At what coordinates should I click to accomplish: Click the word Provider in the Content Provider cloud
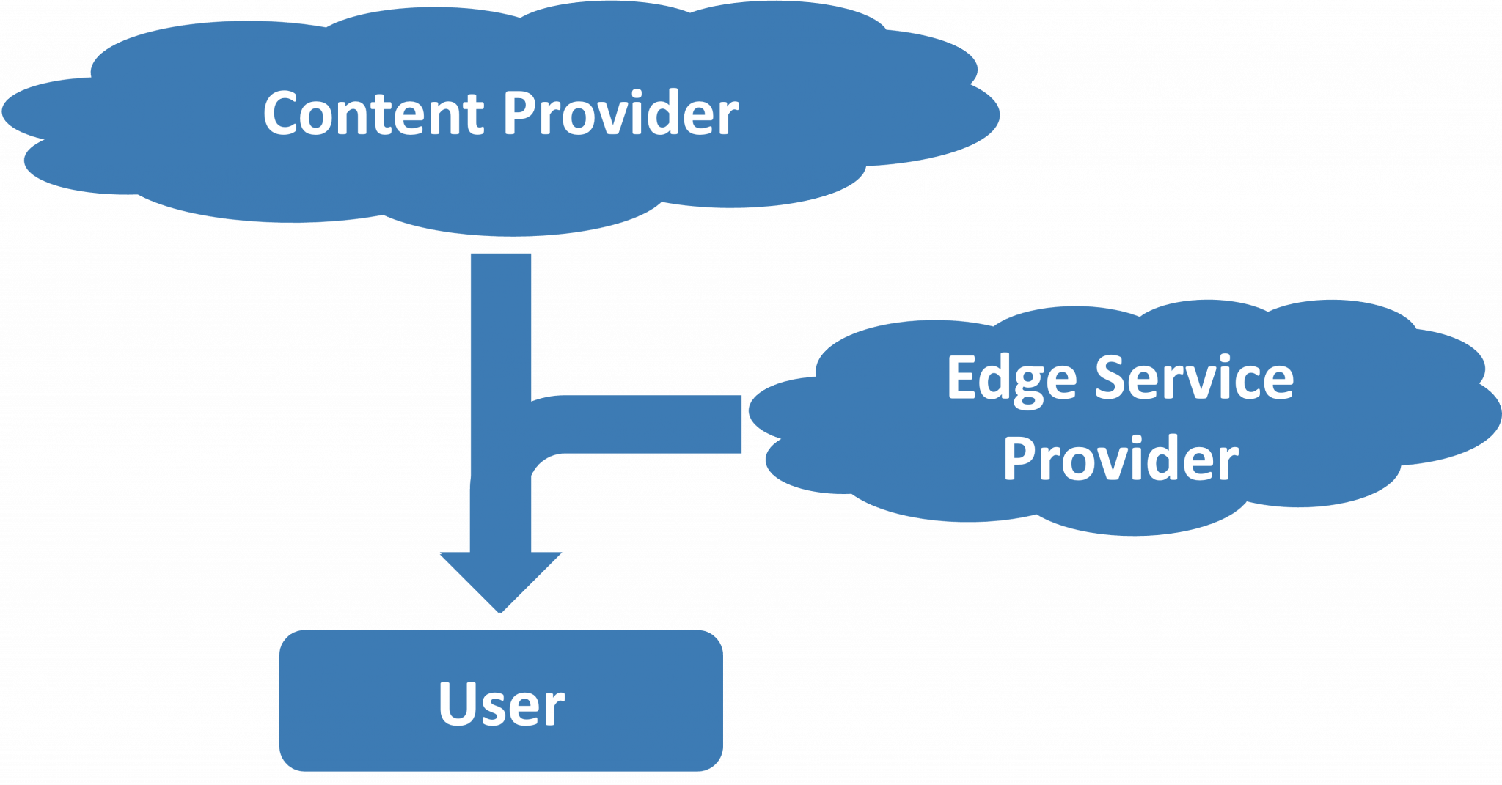coord(620,114)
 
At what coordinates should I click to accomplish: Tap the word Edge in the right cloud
coord(1012,379)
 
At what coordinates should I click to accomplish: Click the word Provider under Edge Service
coord(1121,460)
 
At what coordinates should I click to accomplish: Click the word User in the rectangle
coord(501,704)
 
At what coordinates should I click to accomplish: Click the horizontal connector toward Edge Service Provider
coord(645,424)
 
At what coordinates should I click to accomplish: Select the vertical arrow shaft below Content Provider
coord(500,323)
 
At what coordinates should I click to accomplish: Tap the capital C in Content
coord(282,114)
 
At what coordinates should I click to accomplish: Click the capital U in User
coord(456,703)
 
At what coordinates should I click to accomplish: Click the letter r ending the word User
coord(554,710)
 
